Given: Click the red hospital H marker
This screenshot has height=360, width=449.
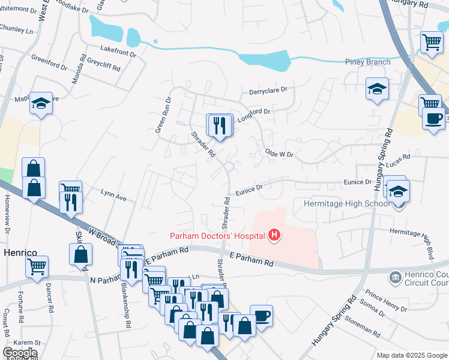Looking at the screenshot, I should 274,234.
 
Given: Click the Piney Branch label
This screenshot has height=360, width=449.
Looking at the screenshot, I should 367,62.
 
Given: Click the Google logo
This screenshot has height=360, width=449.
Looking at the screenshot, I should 20,353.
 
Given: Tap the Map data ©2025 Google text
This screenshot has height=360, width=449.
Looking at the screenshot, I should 411,355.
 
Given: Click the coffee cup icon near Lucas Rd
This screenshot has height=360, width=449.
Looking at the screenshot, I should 433,118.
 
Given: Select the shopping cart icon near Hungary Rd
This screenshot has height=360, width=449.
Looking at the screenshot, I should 431,42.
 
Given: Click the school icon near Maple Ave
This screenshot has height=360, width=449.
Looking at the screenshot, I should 42,104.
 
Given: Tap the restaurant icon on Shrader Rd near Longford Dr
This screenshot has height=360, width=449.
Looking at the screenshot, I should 219,125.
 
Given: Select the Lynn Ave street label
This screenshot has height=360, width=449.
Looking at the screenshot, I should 114,196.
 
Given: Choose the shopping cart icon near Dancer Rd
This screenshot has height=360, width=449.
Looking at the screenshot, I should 37,265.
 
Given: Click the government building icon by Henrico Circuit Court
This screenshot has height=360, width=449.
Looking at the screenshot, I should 396,277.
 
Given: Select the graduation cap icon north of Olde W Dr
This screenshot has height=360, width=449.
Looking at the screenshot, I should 377,90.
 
